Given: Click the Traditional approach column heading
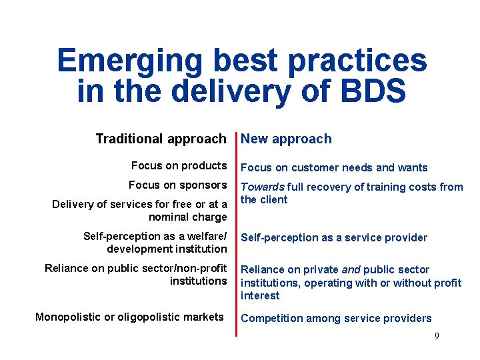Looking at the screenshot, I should tap(161, 139).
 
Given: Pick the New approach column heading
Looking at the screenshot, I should tap(286, 139).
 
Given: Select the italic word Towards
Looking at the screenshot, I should tap(263, 187).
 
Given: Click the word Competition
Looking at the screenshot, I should tap(270, 319).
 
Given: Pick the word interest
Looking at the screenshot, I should tap(260, 295).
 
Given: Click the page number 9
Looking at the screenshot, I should tap(437, 336).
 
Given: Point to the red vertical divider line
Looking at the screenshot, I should tap(235, 233).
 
